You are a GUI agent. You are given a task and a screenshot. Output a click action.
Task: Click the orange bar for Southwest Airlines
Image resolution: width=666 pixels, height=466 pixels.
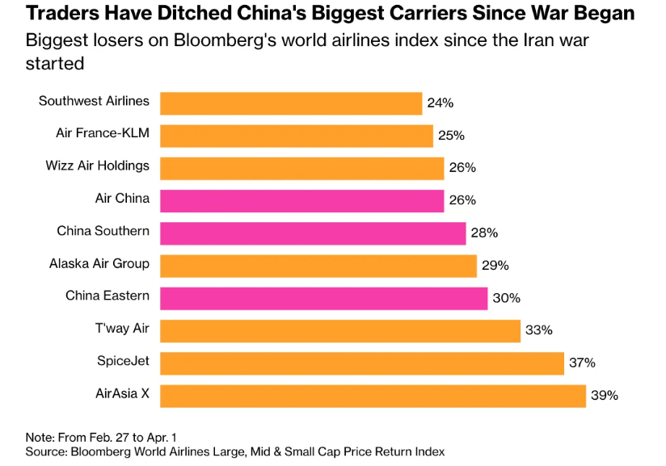(x=291, y=103)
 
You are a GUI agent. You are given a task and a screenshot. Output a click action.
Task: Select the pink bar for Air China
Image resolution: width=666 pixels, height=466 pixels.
(x=301, y=200)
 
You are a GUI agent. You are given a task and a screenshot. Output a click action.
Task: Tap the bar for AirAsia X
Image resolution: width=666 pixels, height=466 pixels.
(x=373, y=396)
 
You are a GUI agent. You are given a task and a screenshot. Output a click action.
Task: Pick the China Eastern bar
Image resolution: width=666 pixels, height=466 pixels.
(x=323, y=298)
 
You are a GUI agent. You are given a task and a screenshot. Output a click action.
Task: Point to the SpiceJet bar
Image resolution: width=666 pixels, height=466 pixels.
(x=361, y=363)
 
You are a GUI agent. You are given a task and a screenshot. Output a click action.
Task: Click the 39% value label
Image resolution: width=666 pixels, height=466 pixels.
(x=605, y=396)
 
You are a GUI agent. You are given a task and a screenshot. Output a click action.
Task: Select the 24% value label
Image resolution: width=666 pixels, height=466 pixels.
(x=440, y=103)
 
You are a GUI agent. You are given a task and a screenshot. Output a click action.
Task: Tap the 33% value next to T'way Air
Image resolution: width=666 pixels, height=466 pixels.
(x=539, y=330)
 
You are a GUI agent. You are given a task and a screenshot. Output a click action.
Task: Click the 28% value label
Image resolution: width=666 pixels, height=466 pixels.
(x=484, y=233)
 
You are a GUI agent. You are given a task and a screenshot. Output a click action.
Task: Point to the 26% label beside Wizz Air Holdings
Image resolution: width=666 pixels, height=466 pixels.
(x=462, y=168)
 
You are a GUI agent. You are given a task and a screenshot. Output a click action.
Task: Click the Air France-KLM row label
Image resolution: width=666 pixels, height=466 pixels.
(x=103, y=133)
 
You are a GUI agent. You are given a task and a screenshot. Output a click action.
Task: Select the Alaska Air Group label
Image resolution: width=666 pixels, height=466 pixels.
(x=99, y=263)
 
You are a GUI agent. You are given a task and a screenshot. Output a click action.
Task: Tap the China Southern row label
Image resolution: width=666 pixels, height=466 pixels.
(x=103, y=231)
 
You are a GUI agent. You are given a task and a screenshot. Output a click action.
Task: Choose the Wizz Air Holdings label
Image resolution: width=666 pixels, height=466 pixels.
(x=98, y=166)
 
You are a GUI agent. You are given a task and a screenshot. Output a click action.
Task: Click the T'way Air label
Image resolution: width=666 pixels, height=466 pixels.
(x=122, y=328)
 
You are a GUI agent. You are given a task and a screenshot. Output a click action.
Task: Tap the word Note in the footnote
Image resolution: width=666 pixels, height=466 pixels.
(x=39, y=437)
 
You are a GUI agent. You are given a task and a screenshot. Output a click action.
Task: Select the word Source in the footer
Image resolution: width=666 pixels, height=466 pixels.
(x=45, y=451)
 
